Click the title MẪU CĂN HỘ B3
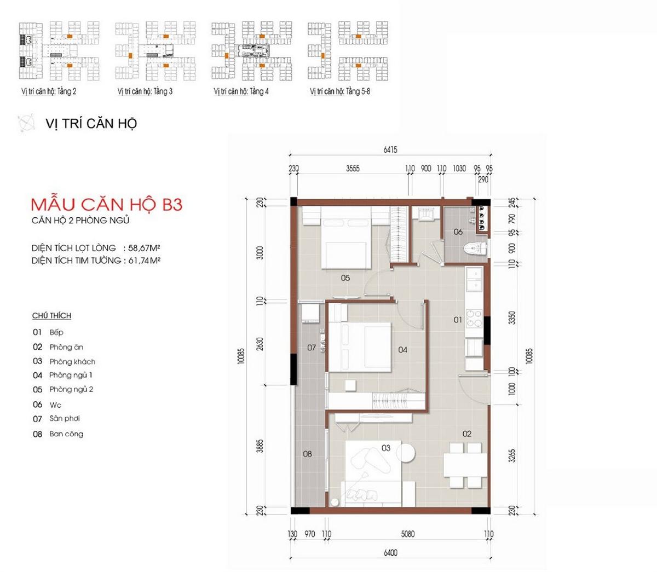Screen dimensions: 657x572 (107, 205)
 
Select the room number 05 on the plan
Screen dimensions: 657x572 (345, 278)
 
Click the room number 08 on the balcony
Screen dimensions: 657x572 (307, 454)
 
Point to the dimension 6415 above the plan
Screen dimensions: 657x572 (390, 149)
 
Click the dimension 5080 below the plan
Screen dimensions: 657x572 (407, 534)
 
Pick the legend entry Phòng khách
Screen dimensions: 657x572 (72, 361)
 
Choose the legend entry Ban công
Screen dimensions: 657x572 (66, 434)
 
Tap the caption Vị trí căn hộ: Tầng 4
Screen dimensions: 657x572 (241, 91)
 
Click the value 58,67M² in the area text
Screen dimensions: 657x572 (144, 248)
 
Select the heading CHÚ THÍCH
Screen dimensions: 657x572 (51, 315)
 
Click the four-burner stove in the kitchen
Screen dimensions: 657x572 (474, 319)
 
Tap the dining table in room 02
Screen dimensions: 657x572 (465, 465)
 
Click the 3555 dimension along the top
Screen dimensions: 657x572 (353, 169)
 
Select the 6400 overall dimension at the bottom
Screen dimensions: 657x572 (390, 553)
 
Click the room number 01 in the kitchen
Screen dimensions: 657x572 (458, 320)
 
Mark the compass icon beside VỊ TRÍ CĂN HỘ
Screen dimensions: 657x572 (26, 123)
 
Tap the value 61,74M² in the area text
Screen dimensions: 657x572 (144, 261)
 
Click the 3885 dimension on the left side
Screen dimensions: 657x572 (260, 446)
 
